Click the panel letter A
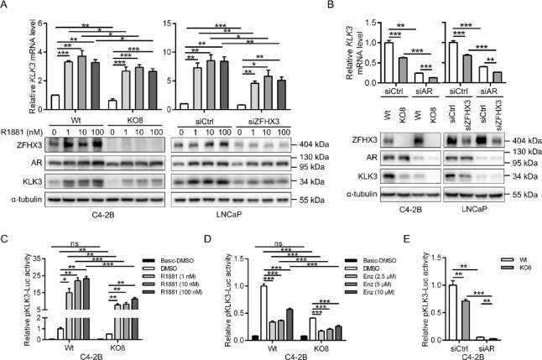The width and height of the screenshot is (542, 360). [6, 7]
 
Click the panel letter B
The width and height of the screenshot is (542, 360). [363, 7]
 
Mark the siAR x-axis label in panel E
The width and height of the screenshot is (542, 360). [486, 346]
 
